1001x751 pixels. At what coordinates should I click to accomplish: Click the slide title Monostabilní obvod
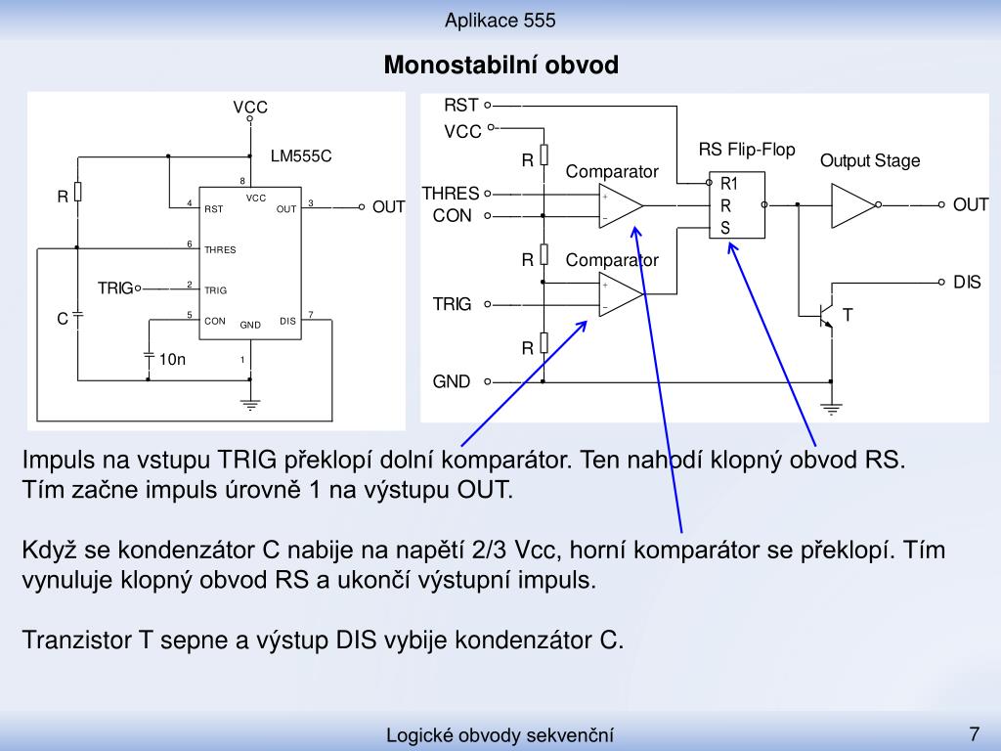(501, 66)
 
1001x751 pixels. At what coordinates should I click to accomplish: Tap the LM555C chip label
(301, 156)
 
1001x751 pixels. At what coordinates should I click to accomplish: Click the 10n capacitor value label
(172, 360)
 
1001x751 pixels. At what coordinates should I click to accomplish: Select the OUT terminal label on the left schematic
(388, 207)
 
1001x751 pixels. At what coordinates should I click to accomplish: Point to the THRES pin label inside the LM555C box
(220, 249)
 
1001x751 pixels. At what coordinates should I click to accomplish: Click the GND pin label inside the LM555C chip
(250, 325)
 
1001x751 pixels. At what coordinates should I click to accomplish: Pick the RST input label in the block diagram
(461, 105)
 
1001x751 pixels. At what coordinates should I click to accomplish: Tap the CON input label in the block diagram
(452, 216)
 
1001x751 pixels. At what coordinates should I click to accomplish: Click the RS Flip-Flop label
(747, 150)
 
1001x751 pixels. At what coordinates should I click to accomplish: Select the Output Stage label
(870, 161)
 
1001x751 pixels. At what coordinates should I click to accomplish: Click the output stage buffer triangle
(852, 205)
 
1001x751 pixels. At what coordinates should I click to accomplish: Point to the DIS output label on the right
(967, 283)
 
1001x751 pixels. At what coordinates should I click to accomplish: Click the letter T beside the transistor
(848, 315)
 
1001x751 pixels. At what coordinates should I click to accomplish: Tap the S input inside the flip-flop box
(725, 228)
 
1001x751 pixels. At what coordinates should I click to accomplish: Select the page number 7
(975, 733)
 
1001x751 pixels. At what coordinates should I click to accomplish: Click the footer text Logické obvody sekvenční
(500, 735)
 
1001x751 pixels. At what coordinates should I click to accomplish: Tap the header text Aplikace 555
(500, 21)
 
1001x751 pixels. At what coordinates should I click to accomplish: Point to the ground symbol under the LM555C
(250, 404)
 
